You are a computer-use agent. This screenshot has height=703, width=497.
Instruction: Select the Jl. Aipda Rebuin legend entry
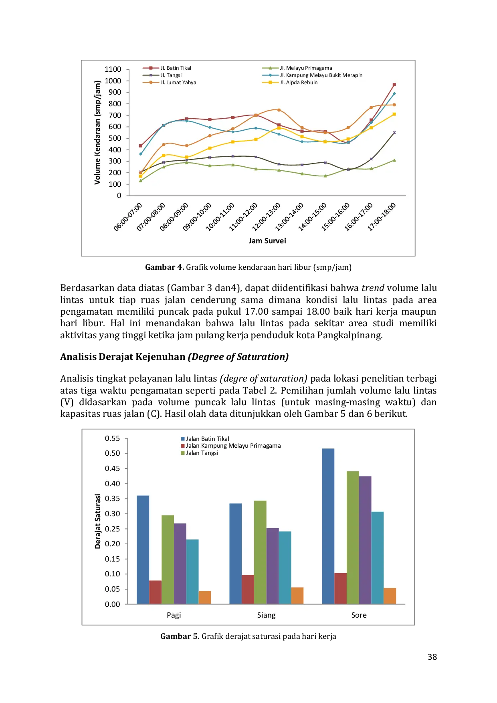pyautogui.click(x=298, y=83)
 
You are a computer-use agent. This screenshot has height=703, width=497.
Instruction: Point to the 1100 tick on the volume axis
pyautogui.click(x=113, y=69)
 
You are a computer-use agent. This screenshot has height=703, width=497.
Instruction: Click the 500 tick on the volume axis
pyautogui.click(x=115, y=138)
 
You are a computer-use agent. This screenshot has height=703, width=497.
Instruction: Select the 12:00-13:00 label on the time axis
pyautogui.click(x=267, y=217)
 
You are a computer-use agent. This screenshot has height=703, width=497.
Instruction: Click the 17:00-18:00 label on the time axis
pyautogui.click(x=382, y=217)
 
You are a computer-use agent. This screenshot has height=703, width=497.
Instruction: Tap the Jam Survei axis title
pyautogui.click(x=267, y=241)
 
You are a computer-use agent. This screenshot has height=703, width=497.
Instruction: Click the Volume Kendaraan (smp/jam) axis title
pyautogui.click(x=97, y=133)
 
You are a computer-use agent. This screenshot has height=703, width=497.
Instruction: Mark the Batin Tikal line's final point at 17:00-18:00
pyautogui.click(x=394, y=85)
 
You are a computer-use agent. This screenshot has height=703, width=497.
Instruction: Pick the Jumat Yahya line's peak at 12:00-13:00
pyautogui.click(x=279, y=110)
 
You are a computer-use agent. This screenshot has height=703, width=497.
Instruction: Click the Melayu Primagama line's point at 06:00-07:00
pyautogui.click(x=141, y=181)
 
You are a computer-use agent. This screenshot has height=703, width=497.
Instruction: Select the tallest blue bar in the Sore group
pyautogui.click(x=328, y=526)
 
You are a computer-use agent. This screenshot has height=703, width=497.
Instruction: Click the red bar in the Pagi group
pyautogui.click(x=155, y=592)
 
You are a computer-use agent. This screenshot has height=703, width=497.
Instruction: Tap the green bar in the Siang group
pyautogui.click(x=260, y=552)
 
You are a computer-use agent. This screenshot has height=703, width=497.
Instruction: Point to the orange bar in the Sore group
pyautogui.click(x=390, y=596)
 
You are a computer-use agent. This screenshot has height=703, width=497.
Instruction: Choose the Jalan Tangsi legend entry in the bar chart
pyautogui.click(x=202, y=453)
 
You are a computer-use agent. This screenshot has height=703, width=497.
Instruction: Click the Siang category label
pyautogui.click(x=266, y=615)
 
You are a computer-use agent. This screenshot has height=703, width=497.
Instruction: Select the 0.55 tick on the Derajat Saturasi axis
pyautogui.click(x=112, y=438)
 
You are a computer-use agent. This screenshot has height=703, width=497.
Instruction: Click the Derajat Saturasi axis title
pyautogui.click(x=98, y=521)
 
